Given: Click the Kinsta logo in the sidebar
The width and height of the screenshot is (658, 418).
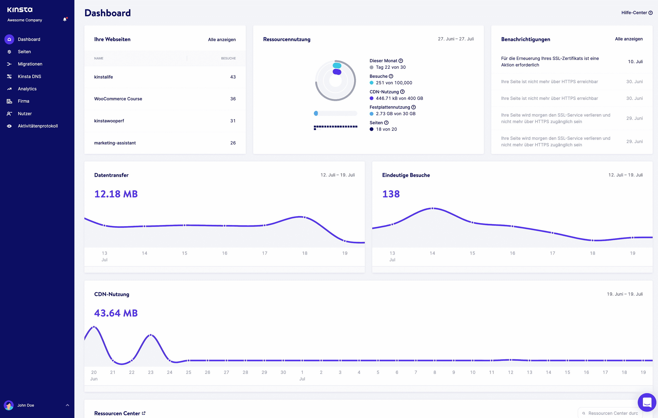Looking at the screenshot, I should click(x=20, y=10).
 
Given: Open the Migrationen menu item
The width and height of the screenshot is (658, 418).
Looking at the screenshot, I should click(x=30, y=64).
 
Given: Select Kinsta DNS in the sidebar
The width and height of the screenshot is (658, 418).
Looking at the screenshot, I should click(x=29, y=76).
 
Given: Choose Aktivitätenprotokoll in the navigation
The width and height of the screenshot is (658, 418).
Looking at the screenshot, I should click(x=38, y=126).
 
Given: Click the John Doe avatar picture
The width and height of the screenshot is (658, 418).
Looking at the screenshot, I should click(x=9, y=405).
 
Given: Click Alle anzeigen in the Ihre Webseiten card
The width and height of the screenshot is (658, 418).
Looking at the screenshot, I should click(x=222, y=39).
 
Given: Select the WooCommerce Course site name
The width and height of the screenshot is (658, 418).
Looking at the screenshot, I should click(x=118, y=99).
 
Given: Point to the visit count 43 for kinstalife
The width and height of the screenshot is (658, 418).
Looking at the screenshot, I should click(x=233, y=77).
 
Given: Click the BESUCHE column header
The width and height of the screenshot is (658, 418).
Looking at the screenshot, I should click(x=228, y=58).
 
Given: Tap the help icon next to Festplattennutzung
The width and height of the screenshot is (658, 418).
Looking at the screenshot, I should click(x=413, y=107).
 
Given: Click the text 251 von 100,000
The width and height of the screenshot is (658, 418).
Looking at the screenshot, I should click(x=394, y=83).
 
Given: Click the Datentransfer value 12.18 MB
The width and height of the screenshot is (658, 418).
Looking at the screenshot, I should click(x=116, y=194).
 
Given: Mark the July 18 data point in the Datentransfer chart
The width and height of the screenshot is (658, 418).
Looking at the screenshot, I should click(x=305, y=217).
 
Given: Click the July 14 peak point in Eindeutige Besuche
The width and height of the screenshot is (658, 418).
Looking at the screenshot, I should click(x=432, y=209).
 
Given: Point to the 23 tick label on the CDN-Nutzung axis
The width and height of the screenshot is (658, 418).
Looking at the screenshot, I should click(x=151, y=372).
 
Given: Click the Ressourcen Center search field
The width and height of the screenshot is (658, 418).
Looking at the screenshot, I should click(x=612, y=413).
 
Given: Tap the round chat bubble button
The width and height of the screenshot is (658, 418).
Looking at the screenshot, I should click(x=647, y=402).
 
